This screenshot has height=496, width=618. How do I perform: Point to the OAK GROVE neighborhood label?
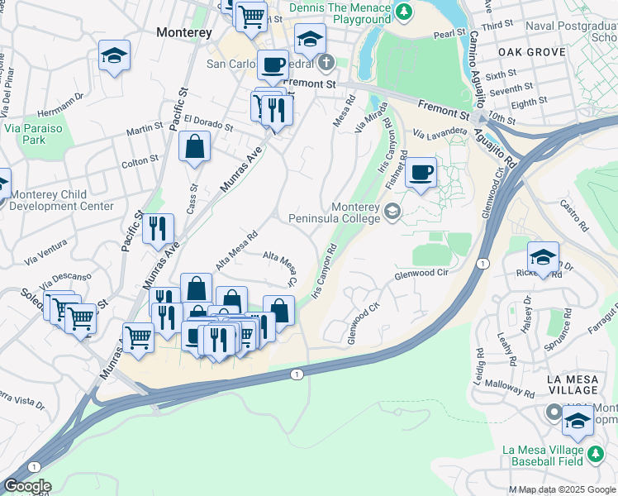[532, 51]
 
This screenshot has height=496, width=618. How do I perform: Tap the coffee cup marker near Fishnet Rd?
[421, 174]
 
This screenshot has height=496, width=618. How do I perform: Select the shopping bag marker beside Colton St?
[194, 148]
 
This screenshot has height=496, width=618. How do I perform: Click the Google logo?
[27, 487]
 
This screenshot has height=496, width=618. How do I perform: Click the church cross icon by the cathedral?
[326, 62]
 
